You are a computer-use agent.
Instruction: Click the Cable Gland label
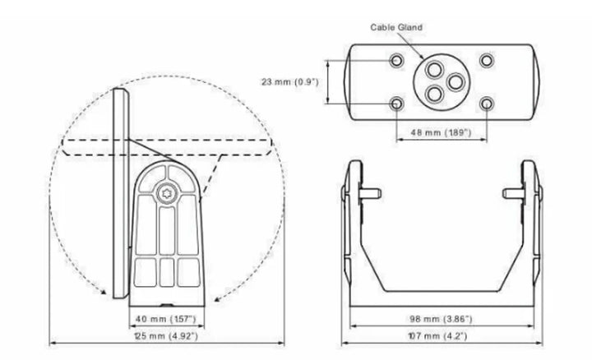(396, 27)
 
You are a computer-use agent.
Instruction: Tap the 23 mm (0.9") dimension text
(290, 81)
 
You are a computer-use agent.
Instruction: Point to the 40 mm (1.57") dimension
(166, 319)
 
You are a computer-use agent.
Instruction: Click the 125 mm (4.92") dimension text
(166, 335)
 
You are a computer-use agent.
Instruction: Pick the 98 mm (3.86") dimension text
(441, 319)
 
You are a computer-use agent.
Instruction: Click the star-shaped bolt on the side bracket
(166, 194)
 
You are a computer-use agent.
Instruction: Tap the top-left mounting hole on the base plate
(396, 60)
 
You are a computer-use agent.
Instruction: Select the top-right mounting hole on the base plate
(486, 60)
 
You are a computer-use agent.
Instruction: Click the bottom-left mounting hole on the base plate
(396, 104)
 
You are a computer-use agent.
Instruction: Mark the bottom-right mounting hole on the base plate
(486, 104)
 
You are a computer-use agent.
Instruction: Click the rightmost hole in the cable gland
(456, 82)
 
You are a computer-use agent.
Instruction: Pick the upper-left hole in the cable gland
(434, 70)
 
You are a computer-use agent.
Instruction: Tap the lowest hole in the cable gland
(434, 94)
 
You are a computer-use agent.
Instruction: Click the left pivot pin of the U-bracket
(370, 194)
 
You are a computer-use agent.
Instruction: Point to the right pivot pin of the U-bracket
(513, 194)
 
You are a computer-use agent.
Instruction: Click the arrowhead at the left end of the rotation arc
(103, 291)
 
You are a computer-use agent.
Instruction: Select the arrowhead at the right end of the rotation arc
(217, 299)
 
